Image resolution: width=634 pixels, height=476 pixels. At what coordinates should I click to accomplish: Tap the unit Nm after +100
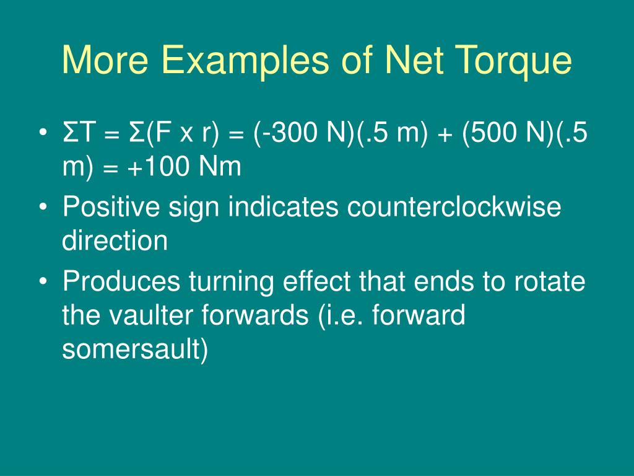pyautogui.click(x=220, y=167)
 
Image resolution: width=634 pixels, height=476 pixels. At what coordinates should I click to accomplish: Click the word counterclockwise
pyautogui.click(x=454, y=208)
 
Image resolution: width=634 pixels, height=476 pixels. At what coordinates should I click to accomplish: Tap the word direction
pyautogui.click(x=115, y=240)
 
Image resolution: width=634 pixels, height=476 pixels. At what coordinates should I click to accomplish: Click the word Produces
pyautogui.click(x=121, y=282)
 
